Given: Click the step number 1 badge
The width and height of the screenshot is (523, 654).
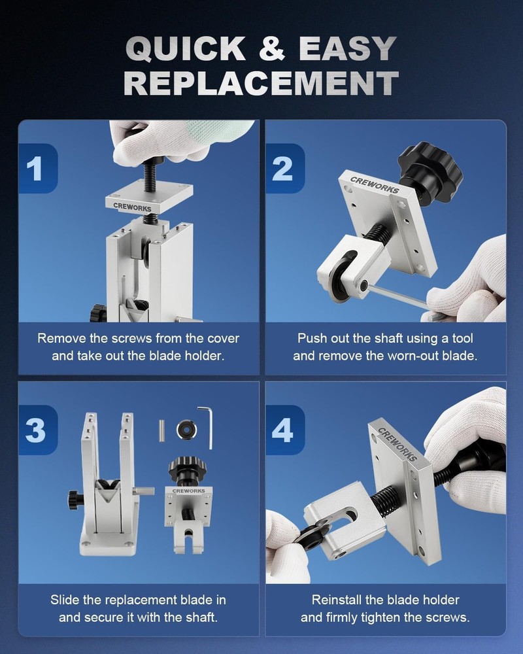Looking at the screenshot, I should coord(37,169).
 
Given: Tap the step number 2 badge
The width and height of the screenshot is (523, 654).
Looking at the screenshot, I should coord(284,169).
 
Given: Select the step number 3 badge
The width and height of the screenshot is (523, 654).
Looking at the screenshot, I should coord(37,430).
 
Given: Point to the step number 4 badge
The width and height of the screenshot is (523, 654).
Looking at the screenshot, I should coord(284,430).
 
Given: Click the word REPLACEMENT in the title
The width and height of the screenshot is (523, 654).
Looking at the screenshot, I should coord(261,83).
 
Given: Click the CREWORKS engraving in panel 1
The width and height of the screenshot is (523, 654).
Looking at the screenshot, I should coord(131,209).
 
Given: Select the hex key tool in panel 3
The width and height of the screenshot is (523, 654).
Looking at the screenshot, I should coord(207,425).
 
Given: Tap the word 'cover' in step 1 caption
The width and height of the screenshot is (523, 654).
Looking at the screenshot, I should coord(222,338).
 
